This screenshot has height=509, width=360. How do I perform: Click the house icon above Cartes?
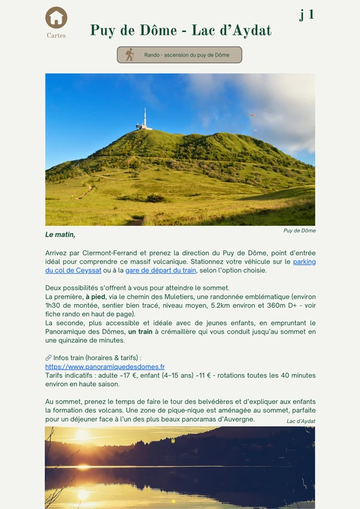[x=57, y=17]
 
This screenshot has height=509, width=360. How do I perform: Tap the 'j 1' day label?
[x=307, y=14]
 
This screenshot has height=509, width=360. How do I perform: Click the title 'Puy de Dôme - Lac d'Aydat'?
[x=181, y=31]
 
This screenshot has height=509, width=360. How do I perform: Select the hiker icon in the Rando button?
[x=129, y=55]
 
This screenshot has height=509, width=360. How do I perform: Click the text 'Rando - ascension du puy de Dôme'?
[x=186, y=55]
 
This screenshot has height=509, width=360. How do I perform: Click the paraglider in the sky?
[x=253, y=116]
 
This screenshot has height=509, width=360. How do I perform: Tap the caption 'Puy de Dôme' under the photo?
[x=299, y=230]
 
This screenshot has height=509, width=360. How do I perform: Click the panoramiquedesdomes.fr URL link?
[x=105, y=366]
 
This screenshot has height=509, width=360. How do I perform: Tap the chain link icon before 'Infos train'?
[x=48, y=358]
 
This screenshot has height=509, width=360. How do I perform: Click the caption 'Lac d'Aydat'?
[x=301, y=421]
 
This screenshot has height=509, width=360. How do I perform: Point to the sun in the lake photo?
[x=82, y=436]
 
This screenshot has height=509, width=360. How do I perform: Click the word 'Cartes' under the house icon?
[x=57, y=36]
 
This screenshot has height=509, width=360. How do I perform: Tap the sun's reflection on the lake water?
[x=82, y=494]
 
